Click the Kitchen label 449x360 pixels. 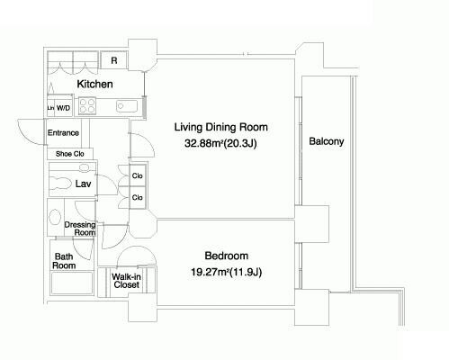(94, 84)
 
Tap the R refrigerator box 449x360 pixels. (114, 60)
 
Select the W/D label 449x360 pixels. (63, 108)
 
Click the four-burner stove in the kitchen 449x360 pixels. (87, 106)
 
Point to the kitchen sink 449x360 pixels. (127, 106)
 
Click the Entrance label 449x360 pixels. (63, 132)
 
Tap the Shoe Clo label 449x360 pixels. (70, 154)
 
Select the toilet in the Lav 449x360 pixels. (60, 183)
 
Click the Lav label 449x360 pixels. (83, 184)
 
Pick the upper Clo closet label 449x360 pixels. (138, 175)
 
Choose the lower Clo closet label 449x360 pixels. (138, 197)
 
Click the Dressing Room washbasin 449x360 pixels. (55, 217)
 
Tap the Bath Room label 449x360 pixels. (64, 261)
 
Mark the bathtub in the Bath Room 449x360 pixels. (72, 283)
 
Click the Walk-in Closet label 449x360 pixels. (126, 281)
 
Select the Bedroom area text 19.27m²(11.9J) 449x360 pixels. (227, 272)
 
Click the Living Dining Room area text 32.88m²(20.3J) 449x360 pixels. (220, 143)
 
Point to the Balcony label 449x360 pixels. (327, 141)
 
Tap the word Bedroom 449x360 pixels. (227, 256)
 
